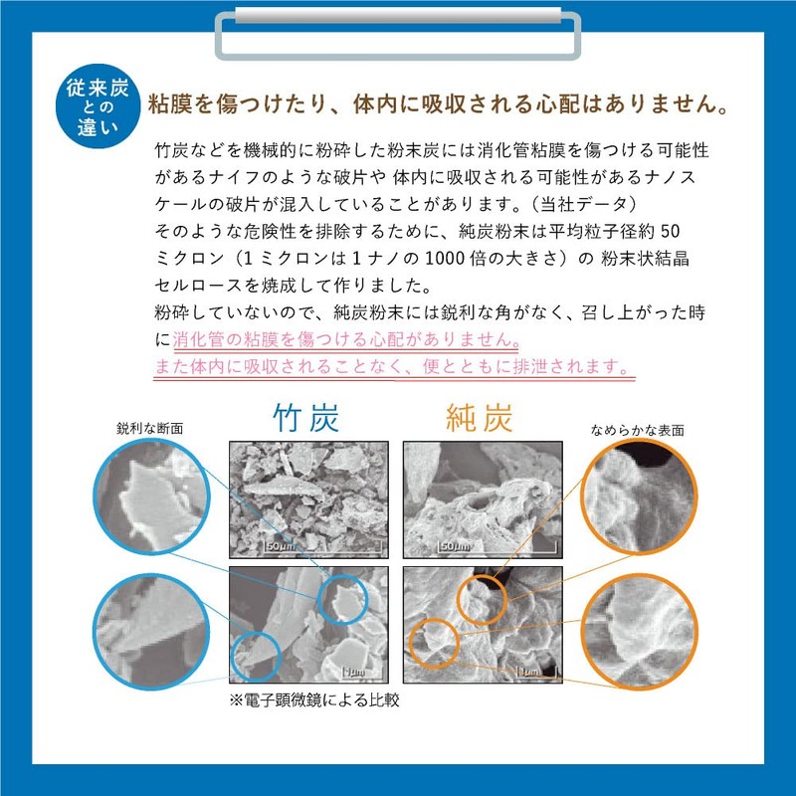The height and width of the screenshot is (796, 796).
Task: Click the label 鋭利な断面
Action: (149, 428)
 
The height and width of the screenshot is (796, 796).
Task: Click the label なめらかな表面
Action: (637, 430)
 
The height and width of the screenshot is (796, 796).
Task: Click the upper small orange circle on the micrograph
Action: (482, 599)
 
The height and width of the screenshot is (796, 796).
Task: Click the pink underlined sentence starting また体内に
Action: (392, 366)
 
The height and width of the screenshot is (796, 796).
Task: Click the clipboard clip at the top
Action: (398, 30)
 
